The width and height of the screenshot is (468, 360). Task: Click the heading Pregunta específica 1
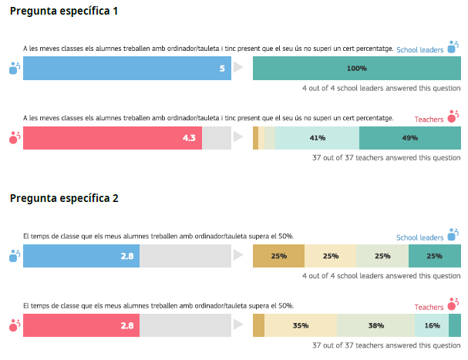point(64,12)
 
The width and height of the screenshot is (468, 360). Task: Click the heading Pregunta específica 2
point(64,198)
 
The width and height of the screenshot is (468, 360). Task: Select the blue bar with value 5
point(127,69)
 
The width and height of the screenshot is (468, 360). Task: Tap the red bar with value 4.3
point(113,138)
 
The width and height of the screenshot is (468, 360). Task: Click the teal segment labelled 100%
point(357,69)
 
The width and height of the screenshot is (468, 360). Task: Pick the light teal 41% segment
point(317,138)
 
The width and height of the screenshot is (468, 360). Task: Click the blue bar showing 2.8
point(81,256)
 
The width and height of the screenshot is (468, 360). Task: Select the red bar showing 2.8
point(81,325)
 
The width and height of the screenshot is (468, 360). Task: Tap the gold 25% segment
point(279,256)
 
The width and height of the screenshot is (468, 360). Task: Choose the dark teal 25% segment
point(435,256)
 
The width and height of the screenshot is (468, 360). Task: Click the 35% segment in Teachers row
point(301,325)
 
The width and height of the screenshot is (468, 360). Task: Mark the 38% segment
point(375,325)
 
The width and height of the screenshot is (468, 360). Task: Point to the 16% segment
point(432,325)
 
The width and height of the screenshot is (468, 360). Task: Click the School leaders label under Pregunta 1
point(419,50)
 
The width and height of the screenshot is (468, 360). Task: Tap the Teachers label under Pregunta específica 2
point(429,307)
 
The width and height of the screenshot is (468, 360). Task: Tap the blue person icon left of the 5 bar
point(13,69)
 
